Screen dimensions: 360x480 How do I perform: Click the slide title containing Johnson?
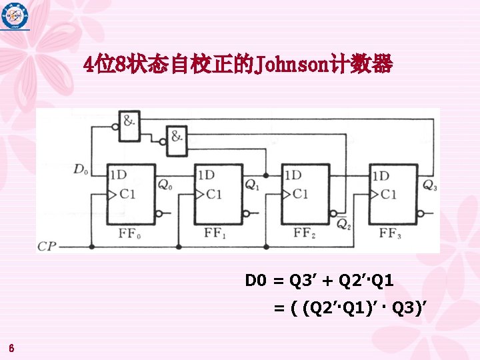(x=239, y=65)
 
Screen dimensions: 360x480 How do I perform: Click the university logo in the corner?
(x=15, y=15)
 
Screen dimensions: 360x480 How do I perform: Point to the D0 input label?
(x=81, y=170)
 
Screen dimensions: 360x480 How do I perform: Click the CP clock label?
(x=47, y=247)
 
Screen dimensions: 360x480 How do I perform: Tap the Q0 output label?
(x=165, y=185)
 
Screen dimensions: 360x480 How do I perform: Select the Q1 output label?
(x=253, y=185)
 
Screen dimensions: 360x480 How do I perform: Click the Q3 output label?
(x=430, y=185)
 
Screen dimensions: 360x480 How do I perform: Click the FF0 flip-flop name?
(x=129, y=233)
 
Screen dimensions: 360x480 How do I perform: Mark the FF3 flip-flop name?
(x=391, y=233)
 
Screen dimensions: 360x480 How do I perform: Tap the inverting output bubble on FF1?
(x=245, y=214)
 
